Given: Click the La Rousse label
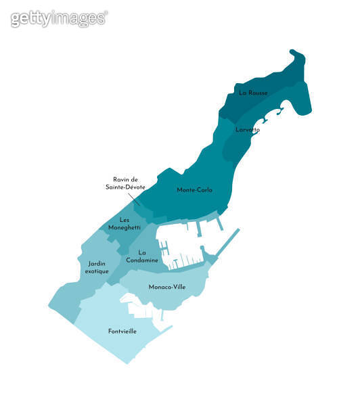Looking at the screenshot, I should point(253,93).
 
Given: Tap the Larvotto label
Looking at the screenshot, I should point(247,129).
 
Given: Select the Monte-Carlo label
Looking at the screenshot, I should point(194,190).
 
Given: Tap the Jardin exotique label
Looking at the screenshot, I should point(97,267).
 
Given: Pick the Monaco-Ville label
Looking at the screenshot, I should point(167,287).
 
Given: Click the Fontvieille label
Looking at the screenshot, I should point(122,331).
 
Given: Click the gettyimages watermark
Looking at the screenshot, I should point(59,18).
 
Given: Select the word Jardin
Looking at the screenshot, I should point(97,263).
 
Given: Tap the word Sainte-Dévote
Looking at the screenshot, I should point(125,187).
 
